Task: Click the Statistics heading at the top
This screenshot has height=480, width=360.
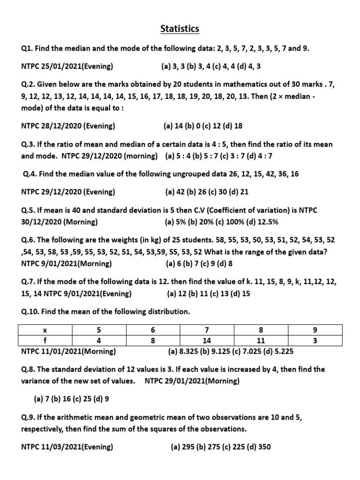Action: click(x=180, y=29)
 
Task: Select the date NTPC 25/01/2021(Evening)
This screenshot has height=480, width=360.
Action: click(x=67, y=67)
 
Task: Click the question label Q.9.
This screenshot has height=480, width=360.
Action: click(x=28, y=416)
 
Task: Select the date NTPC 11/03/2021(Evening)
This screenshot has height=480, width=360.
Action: click(x=67, y=447)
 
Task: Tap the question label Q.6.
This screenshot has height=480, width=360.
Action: click(x=28, y=240)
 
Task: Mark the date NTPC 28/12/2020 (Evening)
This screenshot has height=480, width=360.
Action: click(x=68, y=126)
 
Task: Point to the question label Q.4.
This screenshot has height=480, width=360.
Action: click(x=30, y=174)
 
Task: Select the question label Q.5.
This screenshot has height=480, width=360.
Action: click(x=28, y=210)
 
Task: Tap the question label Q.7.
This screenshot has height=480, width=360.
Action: click(x=28, y=282)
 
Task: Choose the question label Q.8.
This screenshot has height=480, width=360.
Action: click(x=28, y=369)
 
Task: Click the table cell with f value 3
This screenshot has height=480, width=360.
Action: click(x=315, y=341)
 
